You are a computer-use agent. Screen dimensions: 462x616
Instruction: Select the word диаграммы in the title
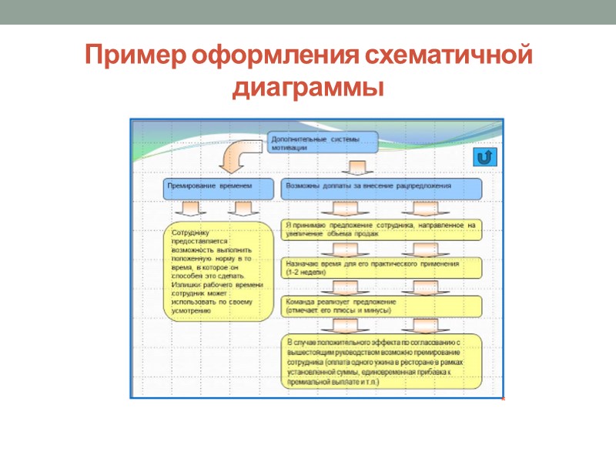308,87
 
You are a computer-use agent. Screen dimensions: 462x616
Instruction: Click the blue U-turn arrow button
484,158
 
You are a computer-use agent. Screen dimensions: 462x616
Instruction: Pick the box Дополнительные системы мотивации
324,142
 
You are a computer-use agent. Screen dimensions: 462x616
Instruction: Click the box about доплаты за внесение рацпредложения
380,187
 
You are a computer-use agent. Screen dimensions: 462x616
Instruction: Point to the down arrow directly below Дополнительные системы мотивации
357,167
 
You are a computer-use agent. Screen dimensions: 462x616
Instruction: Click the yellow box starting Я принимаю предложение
380,229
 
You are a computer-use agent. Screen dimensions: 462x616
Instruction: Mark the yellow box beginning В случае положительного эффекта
380,360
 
